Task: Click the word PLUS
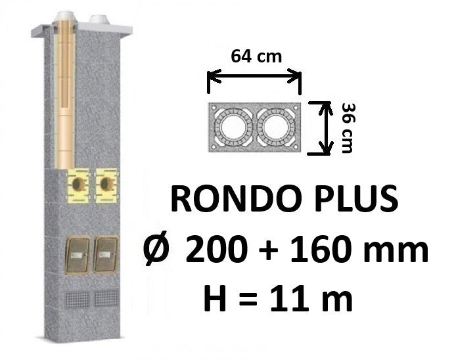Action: point(352,199)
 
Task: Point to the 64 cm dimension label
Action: point(256,56)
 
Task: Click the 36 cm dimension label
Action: point(348,128)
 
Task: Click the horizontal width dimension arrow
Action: point(254,76)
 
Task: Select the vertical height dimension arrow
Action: point(325,128)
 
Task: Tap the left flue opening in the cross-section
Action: point(233,127)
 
